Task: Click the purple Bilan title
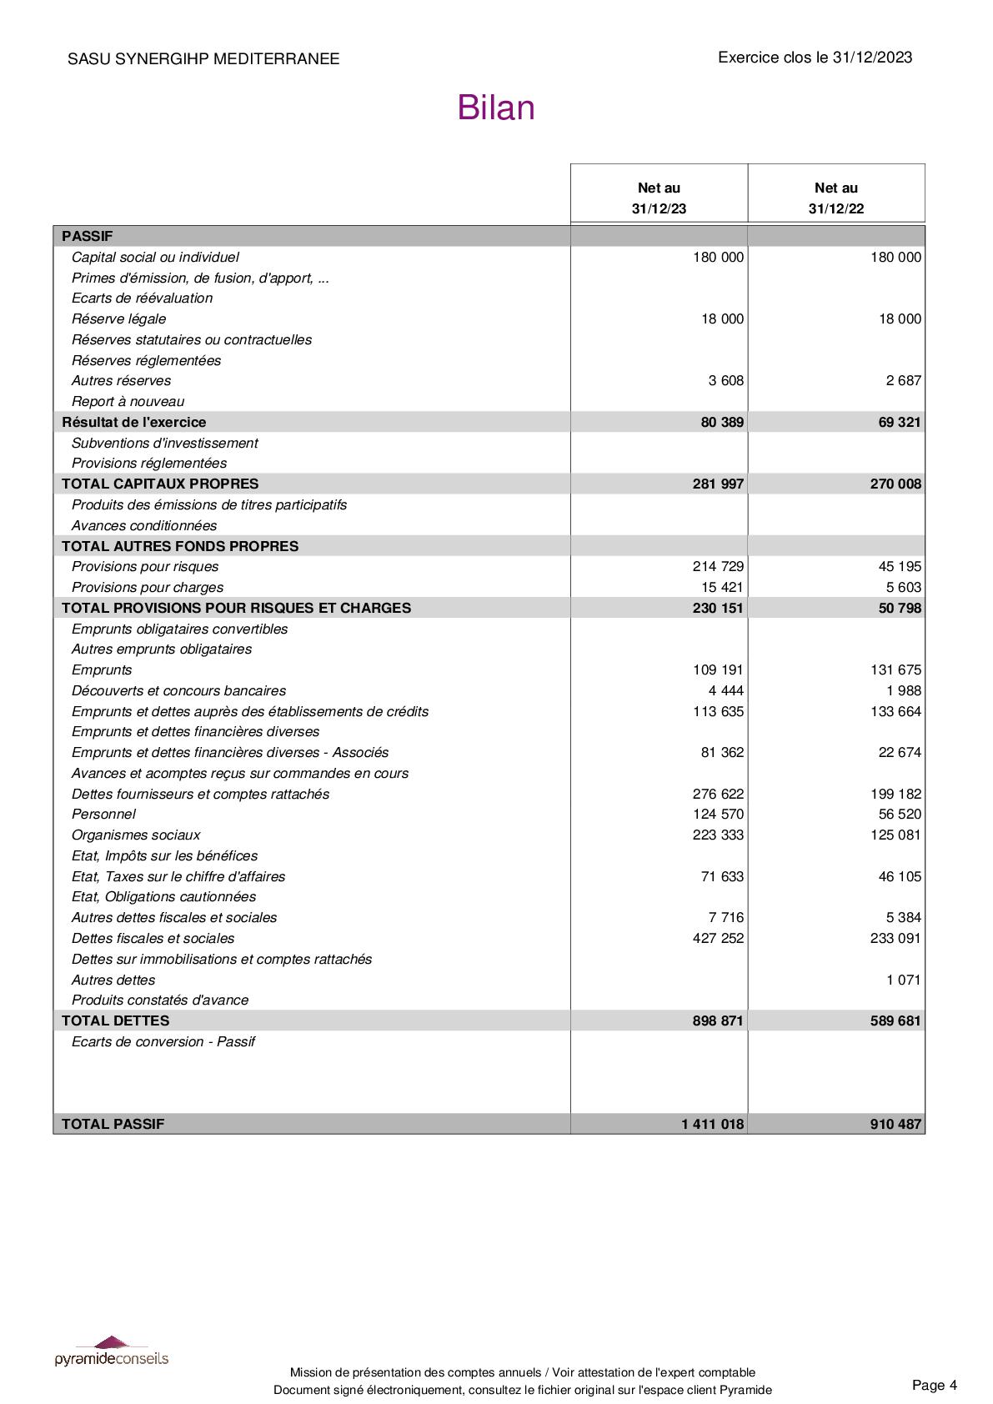point(495,108)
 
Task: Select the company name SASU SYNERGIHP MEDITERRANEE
point(203,59)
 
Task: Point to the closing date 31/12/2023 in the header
point(872,58)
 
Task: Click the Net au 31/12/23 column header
point(659,198)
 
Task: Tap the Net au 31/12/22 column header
point(835,198)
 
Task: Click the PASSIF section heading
point(87,237)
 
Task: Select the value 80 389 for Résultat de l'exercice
point(722,423)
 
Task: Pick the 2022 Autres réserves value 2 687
point(903,381)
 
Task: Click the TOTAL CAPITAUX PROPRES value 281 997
point(718,484)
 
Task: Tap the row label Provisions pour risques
point(145,567)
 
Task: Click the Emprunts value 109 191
point(718,670)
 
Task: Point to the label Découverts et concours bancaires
point(178,691)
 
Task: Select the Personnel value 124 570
point(718,815)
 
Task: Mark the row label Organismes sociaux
point(136,835)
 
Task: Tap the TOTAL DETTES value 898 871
point(718,1021)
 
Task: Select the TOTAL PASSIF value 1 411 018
point(712,1125)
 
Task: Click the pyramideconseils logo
point(112,1351)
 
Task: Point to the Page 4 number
point(934,1386)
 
